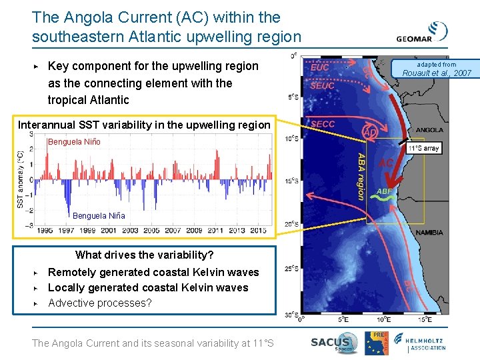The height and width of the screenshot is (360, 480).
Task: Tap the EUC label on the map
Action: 320,67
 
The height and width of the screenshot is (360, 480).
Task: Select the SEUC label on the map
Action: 323,85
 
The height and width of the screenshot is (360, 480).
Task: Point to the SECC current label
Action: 323,124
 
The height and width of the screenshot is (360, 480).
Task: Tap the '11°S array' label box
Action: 423,148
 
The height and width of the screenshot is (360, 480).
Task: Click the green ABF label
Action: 385,191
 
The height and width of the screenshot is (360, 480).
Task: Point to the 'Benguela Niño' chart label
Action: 73,142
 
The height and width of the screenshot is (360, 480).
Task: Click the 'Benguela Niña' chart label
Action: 99,216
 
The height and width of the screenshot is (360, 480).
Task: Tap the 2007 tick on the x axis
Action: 173,230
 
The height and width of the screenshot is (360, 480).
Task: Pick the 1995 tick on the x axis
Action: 45,230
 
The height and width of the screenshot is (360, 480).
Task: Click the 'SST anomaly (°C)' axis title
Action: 21,179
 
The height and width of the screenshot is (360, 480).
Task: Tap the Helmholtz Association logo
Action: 427,343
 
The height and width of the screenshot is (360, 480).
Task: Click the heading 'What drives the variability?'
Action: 145,255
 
